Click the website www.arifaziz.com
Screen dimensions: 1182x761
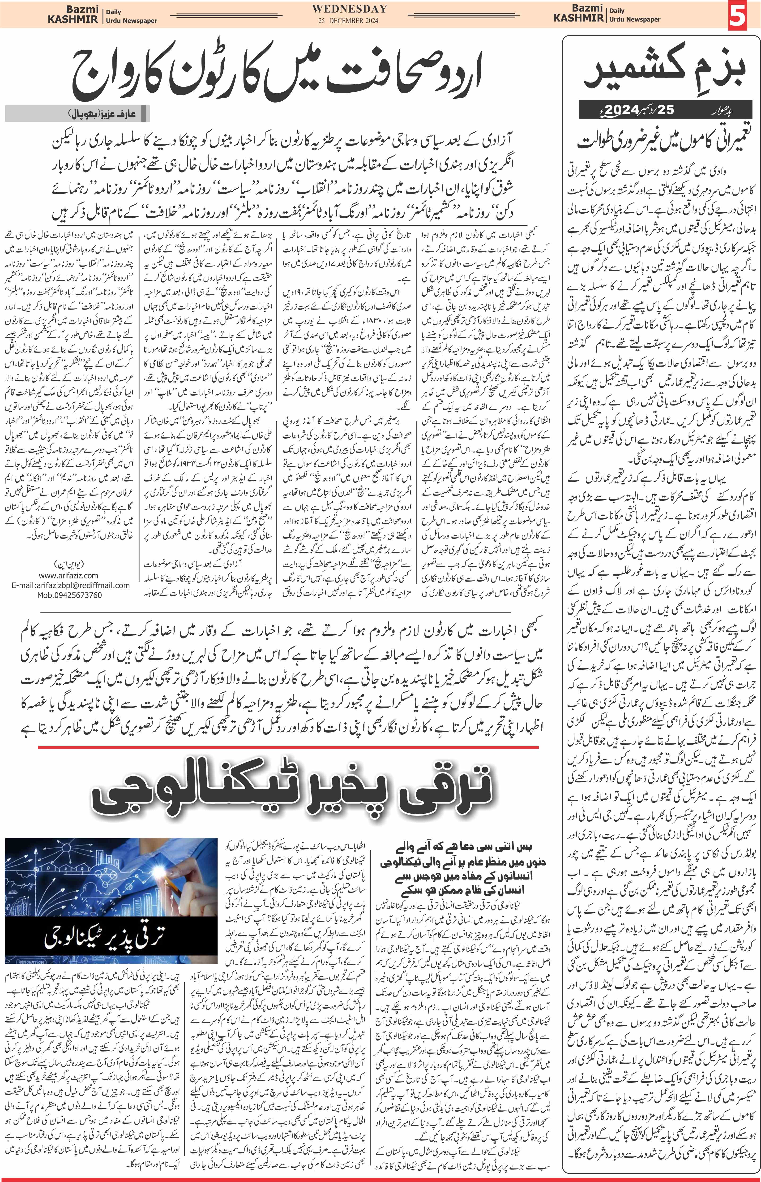68,575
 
